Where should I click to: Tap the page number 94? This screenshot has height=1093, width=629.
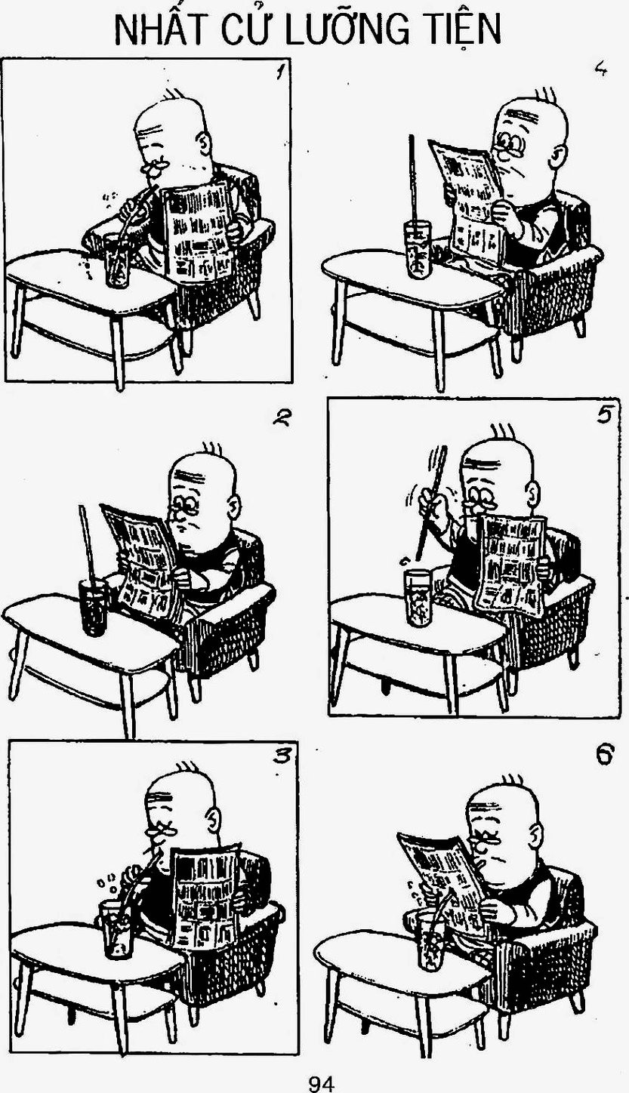click(x=322, y=1080)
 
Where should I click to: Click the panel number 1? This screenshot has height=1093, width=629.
click(x=279, y=72)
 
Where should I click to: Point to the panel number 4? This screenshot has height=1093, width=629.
click(x=600, y=71)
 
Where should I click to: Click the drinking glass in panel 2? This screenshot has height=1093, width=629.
click(x=94, y=607)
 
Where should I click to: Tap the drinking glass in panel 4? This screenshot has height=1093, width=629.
click(x=418, y=250)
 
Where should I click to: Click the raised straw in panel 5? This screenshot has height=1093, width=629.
click(x=431, y=502)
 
